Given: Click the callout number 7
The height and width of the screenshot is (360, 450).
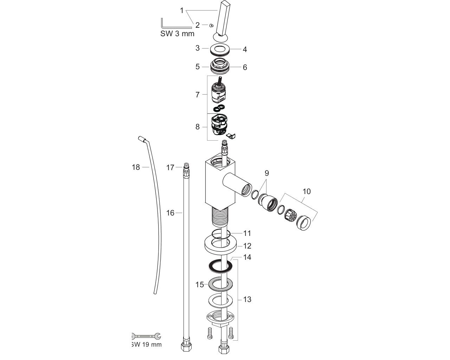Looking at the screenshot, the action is click(x=197, y=95).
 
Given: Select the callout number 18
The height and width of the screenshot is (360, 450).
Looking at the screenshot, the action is click(x=136, y=167).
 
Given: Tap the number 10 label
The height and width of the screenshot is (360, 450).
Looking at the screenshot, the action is click(x=307, y=191).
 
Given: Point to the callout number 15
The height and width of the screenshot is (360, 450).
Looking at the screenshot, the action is click(x=199, y=284).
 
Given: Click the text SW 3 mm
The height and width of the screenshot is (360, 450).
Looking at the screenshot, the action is click(x=177, y=33).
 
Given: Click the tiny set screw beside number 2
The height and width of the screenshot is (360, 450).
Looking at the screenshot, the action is click(x=211, y=26).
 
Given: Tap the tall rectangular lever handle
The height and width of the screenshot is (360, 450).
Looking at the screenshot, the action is click(x=222, y=19).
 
